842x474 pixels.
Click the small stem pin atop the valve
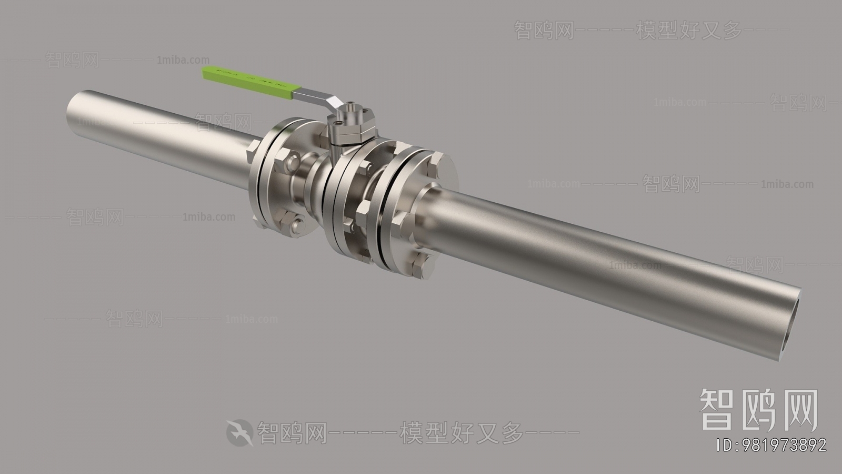pyautogui.click(x=350, y=105)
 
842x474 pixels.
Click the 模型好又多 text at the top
pyautogui.click(x=689, y=31)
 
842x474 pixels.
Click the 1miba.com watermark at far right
pyautogui.click(x=787, y=184)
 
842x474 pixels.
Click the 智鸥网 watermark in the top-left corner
pyautogui.click(x=73, y=60)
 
